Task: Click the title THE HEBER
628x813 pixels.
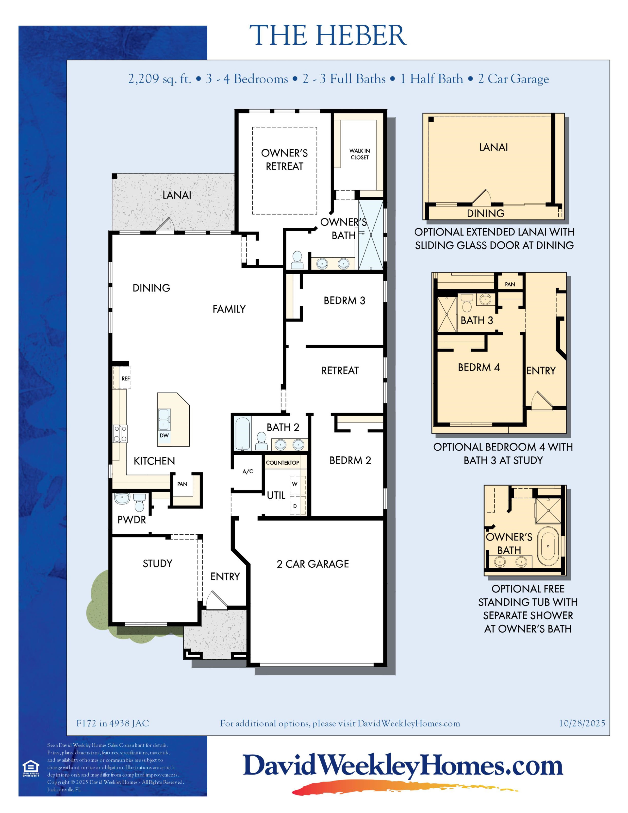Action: pyautogui.click(x=328, y=35)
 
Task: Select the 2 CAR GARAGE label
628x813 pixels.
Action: pyautogui.click(x=313, y=564)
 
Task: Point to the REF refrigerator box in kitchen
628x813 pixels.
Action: pyautogui.click(x=122, y=378)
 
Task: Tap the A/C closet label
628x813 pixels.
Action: pyautogui.click(x=248, y=471)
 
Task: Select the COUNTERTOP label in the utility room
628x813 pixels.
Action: pyautogui.click(x=282, y=463)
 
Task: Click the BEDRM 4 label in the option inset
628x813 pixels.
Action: pyautogui.click(x=479, y=367)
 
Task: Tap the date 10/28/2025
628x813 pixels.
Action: pyautogui.click(x=582, y=723)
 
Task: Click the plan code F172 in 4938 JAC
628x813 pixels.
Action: pyautogui.click(x=113, y=723)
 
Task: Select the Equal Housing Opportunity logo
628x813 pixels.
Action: pyautogui.click(x=31, y=769)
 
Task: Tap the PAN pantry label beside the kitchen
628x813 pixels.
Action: pyautogui.click(x=182, y=484)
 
